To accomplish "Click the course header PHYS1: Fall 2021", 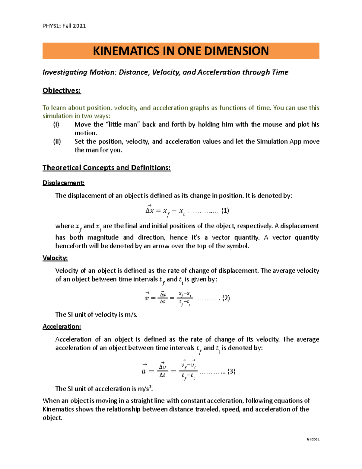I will pyautogui.click(x=64, y=26).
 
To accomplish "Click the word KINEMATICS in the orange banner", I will pyautogui.click(x=126, y=51).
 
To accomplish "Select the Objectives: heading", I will pyautogui.click(x=62, y=91).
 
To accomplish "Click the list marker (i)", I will pyautogui.click(x=56, y=124).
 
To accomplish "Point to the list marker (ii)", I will pyautogui.click(x=57, y=141).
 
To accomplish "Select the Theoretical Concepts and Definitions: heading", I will pyautogui.click(x=106, y=168).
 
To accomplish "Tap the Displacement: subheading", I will pyautogui.click(x=63, y=183).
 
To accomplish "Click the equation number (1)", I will pyautogui.click(x=225, y=211).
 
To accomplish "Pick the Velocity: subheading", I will pyautogui.click(x=55, y=258).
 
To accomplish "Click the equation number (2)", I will pyautogui.click(x=226, y=298).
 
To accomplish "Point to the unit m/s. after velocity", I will pyautogui.click(x=131, y=315).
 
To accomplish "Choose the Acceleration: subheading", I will pyautogui.click(x=62, y=327).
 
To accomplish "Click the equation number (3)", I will pyautogui.click(x=231, y=371).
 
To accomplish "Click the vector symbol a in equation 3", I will pyautogui.click(x=144, y=371).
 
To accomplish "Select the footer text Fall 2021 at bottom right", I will pyautogui.click(x=313, y=439).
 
